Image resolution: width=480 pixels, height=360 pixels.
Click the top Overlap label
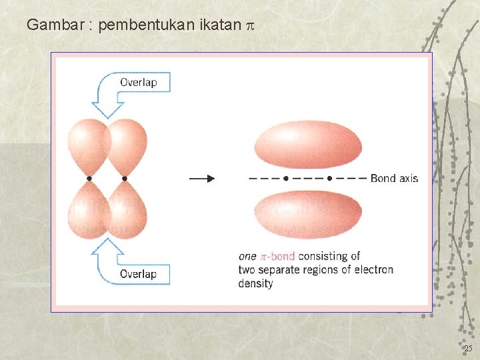coord(138,83)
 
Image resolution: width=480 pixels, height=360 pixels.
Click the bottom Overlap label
coord(138,273)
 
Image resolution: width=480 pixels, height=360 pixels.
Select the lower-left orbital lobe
coord(88,210)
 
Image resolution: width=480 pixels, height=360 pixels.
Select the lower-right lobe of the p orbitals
coord(127,210)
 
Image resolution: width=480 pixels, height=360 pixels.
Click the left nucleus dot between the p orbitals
coord(89,179)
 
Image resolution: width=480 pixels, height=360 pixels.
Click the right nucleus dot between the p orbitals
coord(125,179)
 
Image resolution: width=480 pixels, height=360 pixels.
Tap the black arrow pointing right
coord(202,178)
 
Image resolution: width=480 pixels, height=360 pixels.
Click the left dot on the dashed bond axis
coord(286,178)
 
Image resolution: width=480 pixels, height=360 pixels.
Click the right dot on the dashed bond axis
coord(330,178)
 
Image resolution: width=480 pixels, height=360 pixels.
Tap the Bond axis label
coord(394,178)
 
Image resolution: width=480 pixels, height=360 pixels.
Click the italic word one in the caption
coord(247,256)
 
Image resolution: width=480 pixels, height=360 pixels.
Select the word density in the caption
coord(255,283)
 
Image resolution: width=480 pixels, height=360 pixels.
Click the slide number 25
coord(468,349)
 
